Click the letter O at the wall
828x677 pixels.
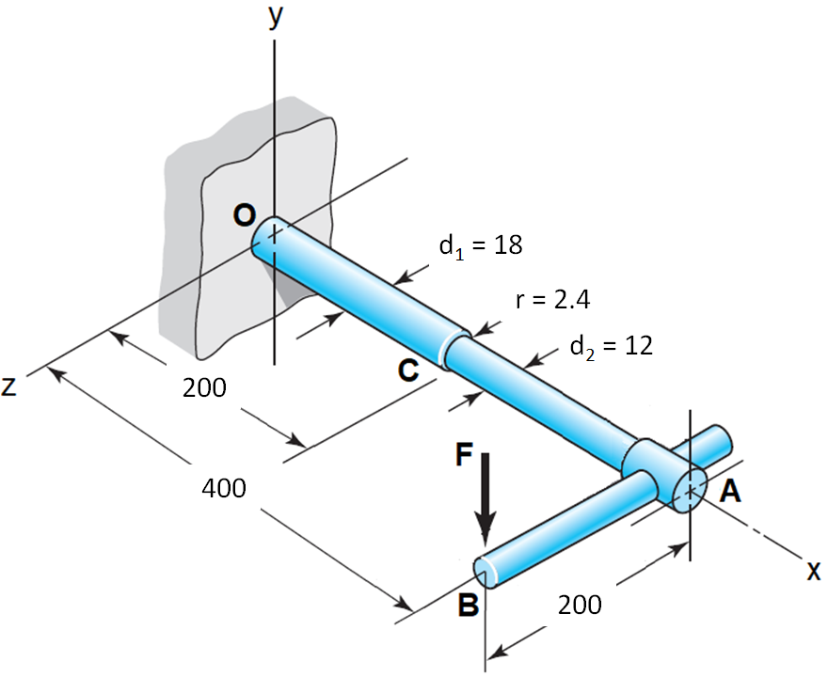point(245,216)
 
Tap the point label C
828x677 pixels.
point(408,370)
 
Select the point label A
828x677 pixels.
point(730,491)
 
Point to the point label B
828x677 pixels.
point(469,605)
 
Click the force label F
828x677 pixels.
point(464,455)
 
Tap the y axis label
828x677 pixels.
point(276,17)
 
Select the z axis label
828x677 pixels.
point(9,386)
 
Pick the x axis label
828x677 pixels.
point(814,571)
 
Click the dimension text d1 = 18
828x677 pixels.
point(481,245)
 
